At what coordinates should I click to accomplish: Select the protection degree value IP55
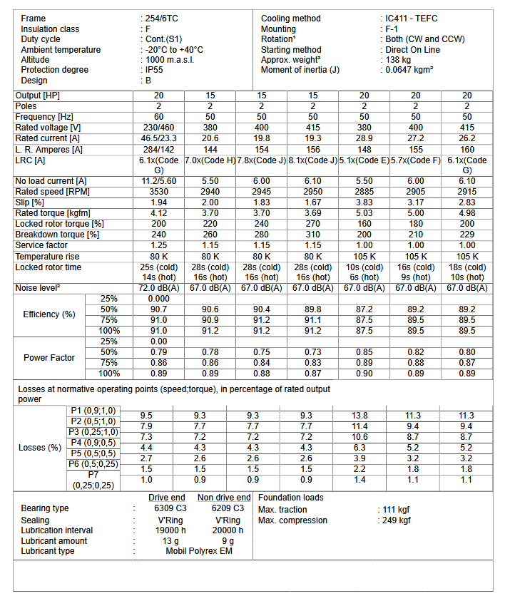155,70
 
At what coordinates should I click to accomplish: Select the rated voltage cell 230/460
158,127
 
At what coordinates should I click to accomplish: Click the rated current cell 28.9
364,138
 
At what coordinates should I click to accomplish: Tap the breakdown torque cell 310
312,235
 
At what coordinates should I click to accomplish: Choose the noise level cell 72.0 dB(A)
158,287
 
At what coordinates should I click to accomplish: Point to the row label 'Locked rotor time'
49,267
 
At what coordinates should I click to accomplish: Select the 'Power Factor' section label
49,357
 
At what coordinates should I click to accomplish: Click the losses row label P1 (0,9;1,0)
93,411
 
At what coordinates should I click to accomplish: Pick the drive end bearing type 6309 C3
169,509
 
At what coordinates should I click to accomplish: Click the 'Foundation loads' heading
290,498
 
